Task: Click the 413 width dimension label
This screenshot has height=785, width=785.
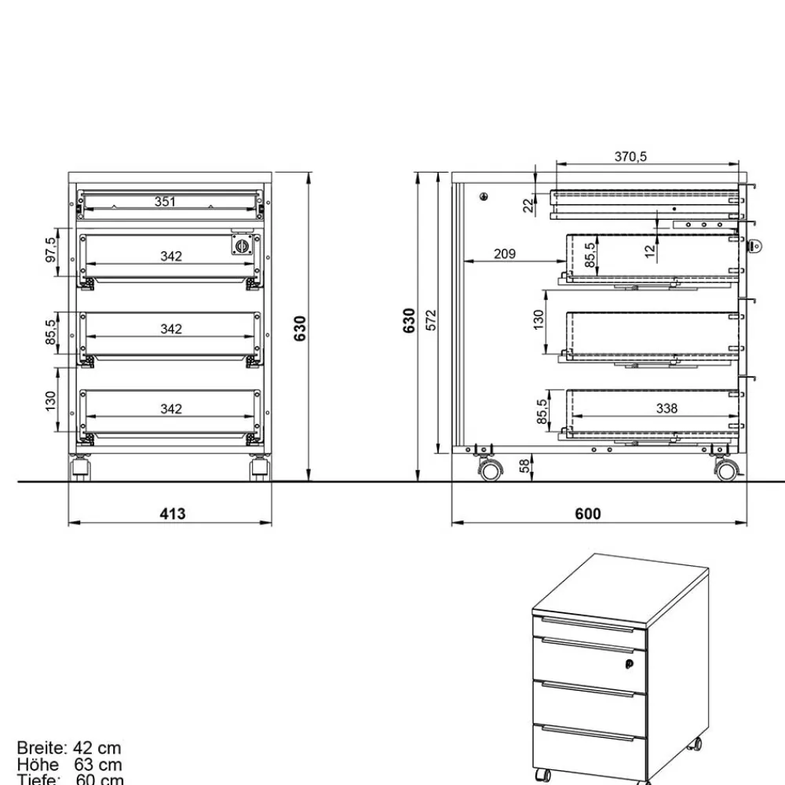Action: [173, 513]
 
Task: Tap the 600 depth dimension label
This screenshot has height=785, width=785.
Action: [587, 513]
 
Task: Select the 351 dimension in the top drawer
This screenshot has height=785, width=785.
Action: [165, 202]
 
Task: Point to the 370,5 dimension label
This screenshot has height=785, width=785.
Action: [630, 157]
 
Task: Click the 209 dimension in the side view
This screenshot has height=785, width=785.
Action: [505, 254]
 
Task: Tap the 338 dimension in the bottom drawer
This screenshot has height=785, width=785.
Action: [666, 408]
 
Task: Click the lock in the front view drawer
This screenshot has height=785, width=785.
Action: [241, 245]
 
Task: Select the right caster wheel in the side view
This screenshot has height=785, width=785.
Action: [726, 469]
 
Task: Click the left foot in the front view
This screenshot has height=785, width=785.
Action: [81, 470]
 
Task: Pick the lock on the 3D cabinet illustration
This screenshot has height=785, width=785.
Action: [629, 665]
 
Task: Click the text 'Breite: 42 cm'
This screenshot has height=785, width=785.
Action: [69, 749]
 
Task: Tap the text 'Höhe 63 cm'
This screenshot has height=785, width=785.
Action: [69, 765]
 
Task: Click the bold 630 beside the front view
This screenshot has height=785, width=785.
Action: [299, 328]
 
